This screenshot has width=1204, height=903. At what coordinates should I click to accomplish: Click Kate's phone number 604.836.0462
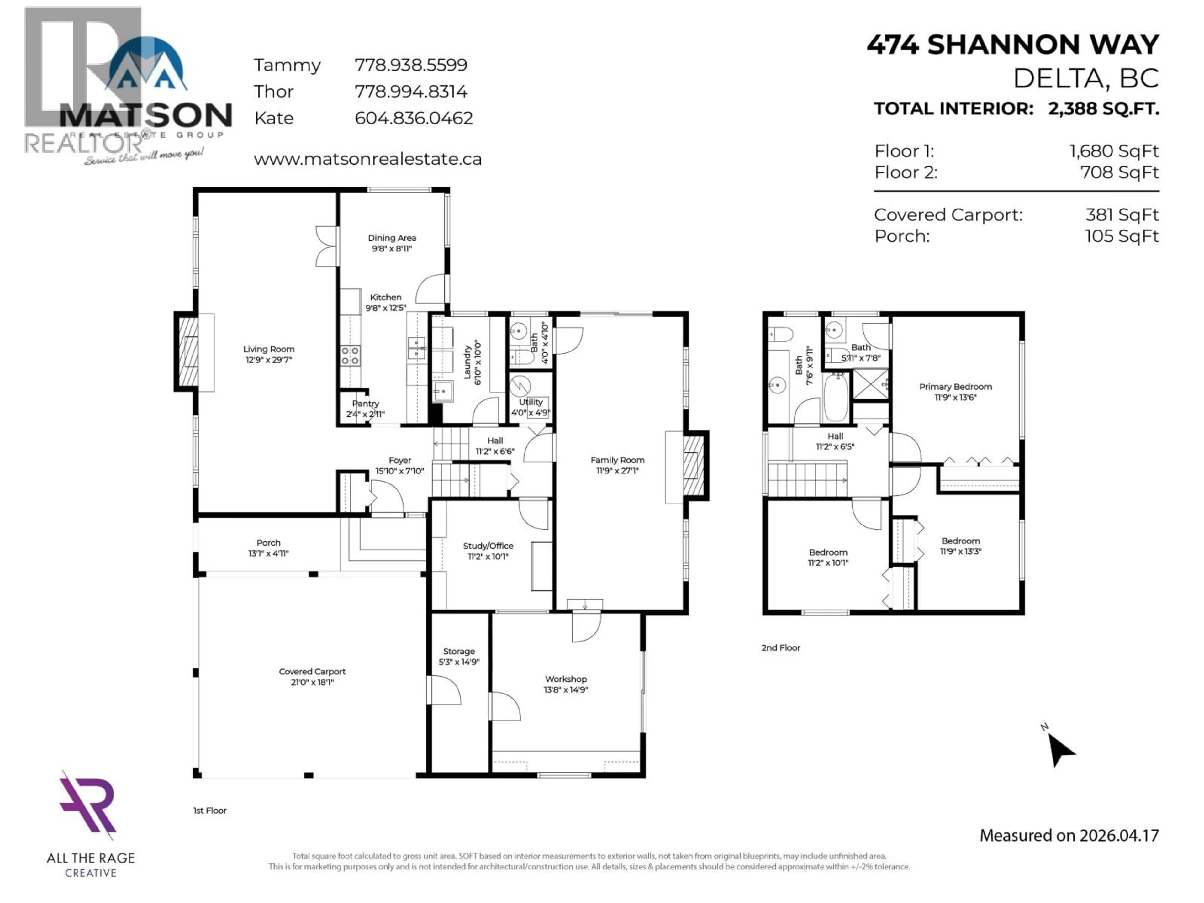point(414,118)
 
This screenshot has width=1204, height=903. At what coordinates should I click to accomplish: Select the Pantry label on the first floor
point(365,403)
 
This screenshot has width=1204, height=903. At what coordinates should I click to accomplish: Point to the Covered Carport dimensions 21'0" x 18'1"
point(312,682)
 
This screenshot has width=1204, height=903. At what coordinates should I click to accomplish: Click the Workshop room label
point(566,679)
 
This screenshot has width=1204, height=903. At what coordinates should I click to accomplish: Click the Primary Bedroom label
point(955,387)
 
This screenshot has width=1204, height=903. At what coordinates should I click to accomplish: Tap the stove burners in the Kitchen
point(350,356)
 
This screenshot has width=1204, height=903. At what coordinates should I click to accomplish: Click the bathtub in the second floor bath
point(836,397)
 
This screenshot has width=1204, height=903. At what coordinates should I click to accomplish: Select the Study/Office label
point(488,545)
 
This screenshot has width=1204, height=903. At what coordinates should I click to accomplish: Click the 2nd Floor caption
point(780,648)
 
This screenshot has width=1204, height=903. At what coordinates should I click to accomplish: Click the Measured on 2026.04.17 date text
point(1069,836)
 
